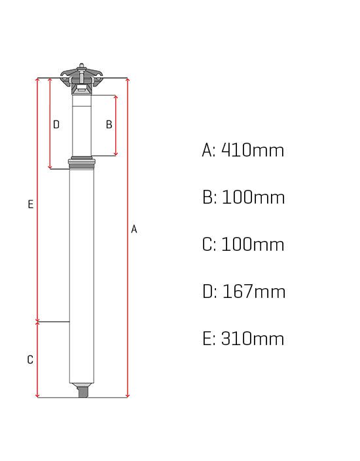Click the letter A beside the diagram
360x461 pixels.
click(134, 229)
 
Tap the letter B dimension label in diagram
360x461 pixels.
click(109, 124)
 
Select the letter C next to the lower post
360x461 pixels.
click(30, 360)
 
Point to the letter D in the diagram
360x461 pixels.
click(56, 124)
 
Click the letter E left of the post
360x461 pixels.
click(30, 204)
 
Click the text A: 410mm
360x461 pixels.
click(243, 150)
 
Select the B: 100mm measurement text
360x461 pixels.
click(243, 197)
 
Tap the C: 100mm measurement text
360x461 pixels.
click(243, 244)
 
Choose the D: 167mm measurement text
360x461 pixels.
click(243, 291)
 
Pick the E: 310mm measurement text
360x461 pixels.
click(243, 339)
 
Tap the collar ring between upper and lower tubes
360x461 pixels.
click(82, 162)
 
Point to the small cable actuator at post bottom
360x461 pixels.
click(82, 392)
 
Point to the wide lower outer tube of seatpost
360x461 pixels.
click(82, 275)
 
